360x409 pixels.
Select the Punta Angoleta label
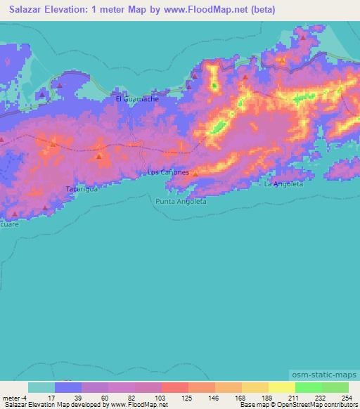pos(181,201)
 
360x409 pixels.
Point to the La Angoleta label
pos(283,184)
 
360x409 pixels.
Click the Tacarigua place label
pos(81,189)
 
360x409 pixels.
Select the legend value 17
pos(51,397)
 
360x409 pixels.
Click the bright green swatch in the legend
pos(308,387)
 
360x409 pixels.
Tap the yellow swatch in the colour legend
pos(281,387)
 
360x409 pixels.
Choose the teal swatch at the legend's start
pos(41,387)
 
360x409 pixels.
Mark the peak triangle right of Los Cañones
pos(195,174)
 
